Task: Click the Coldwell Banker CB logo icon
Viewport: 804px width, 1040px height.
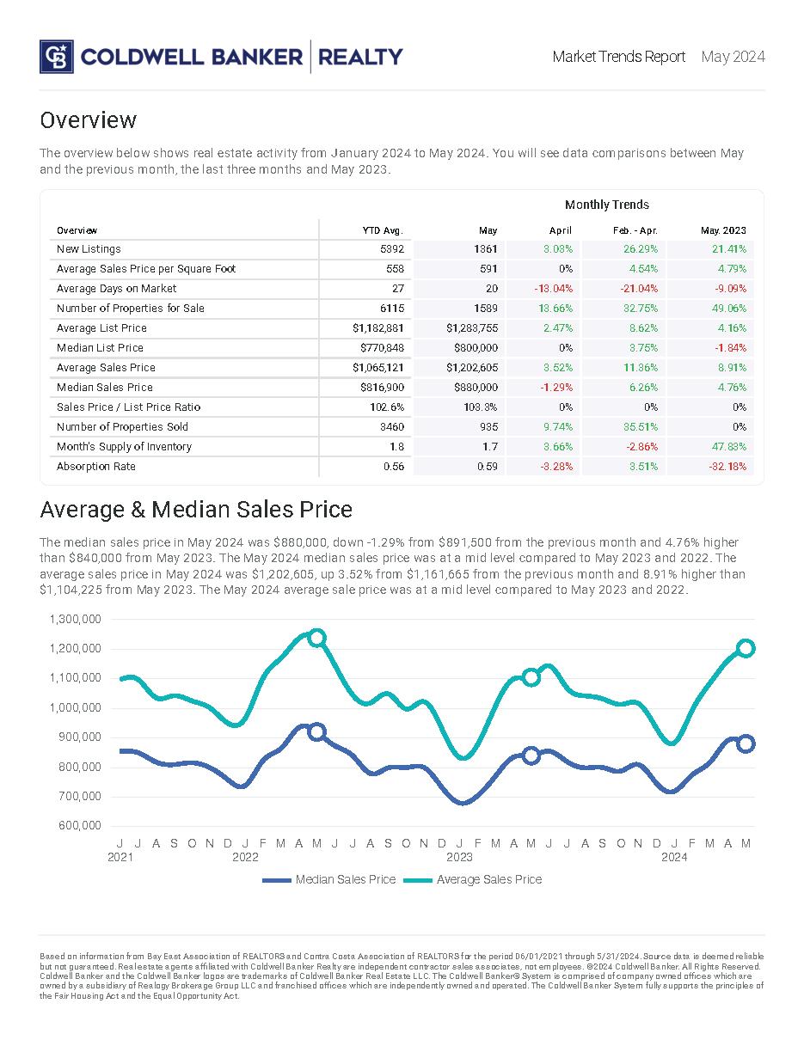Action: tap(56, 57)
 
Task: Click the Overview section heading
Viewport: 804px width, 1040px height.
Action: tap(89, 119)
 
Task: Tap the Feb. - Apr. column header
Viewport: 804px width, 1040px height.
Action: tap(636, 230)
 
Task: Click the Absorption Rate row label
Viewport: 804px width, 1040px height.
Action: tap(96, 467)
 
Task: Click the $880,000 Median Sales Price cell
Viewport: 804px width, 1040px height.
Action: tap(476, 388)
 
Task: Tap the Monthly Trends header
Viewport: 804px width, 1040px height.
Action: tap(606, 205)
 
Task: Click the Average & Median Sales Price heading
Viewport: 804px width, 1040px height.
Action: tap(196, 510)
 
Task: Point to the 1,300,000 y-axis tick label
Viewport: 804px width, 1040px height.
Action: tap(76, 619)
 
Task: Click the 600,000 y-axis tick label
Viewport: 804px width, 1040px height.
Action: tap(76, 826)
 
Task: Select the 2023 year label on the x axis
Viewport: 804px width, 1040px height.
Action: tap(459, 857)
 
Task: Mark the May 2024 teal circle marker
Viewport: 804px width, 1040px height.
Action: tap(746, 648)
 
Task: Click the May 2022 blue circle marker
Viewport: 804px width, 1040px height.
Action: tap(316, 732)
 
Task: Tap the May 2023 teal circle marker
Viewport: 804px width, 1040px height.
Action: tap(531, 677)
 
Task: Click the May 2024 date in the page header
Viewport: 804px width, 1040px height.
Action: tap(733, 57)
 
